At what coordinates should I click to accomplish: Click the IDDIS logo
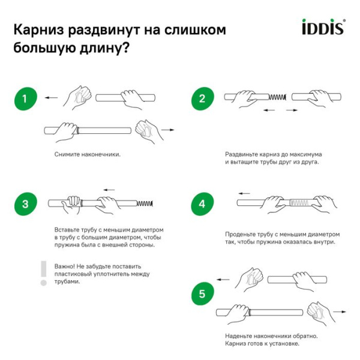322,28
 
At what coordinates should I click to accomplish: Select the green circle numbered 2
202,98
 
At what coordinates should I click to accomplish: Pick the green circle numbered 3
25,204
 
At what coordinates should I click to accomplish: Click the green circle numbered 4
202,204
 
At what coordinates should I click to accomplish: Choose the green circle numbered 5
202,294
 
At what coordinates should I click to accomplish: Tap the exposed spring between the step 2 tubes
277,97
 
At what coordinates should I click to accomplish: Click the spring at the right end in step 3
145,204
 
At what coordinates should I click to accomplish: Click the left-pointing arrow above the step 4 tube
244,193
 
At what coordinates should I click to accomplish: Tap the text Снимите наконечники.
87,154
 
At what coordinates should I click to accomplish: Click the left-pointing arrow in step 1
52,97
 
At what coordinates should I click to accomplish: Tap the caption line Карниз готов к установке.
262,343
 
